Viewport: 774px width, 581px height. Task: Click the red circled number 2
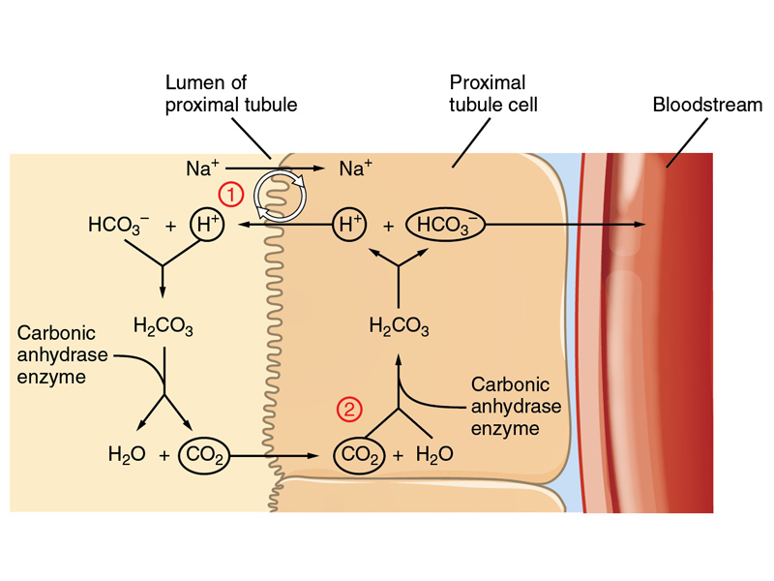click(348, 410)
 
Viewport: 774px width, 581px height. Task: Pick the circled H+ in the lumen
click(205, 226)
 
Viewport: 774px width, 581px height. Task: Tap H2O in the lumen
click(127, 453)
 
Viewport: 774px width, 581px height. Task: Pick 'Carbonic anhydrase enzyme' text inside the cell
click(505, 405)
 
